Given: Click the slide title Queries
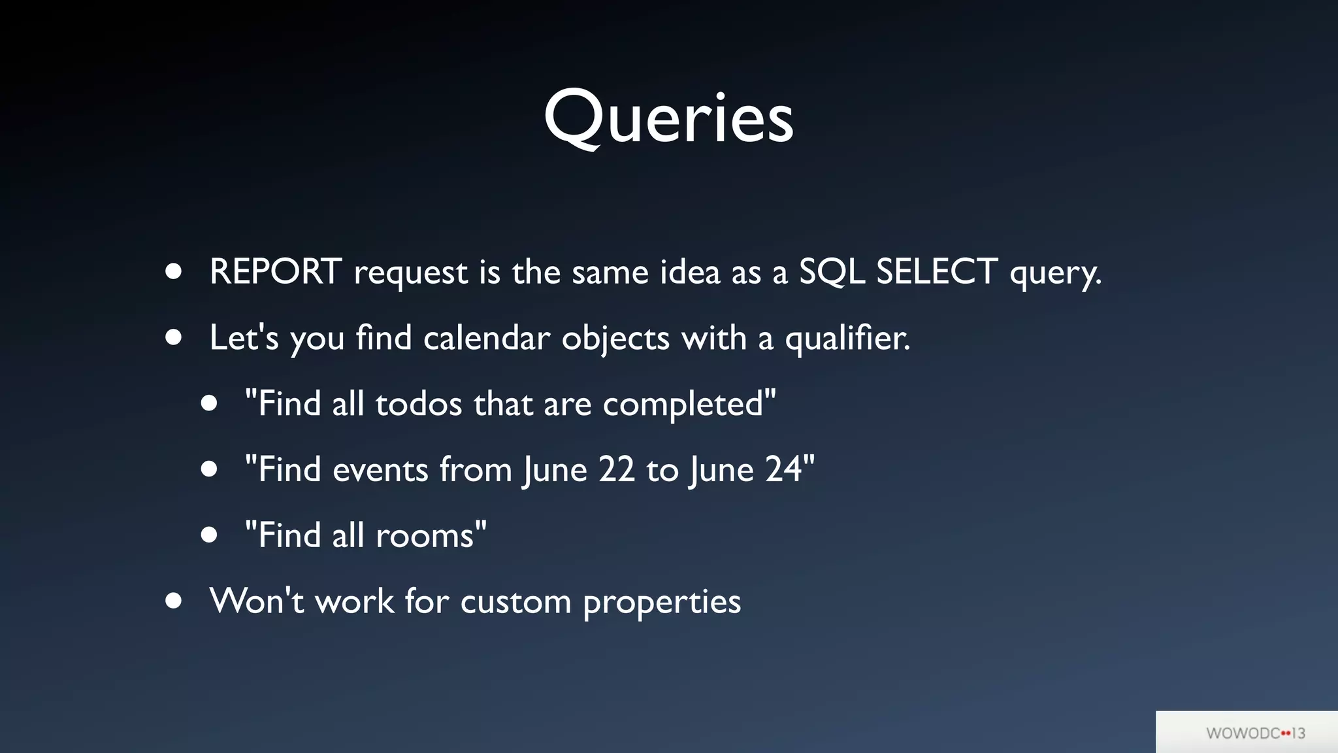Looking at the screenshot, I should coord(668,118).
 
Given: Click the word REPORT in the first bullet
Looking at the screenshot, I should coord(275,271).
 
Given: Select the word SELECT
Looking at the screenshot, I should coord(936,271).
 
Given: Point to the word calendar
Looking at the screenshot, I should coord(487,338).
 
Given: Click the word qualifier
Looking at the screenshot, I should coord(847,339).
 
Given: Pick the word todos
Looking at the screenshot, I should coord(419,404).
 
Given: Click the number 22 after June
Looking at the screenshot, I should coord(616,469).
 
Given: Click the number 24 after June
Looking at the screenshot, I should coord(783,469).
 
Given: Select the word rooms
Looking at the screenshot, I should coord(425,536).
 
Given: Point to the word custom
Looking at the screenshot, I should coord(515,601).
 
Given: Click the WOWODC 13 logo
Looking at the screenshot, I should coord(1255,733).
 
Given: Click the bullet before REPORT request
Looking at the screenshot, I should coord(173,271).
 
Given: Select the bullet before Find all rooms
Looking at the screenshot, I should coord(209,535).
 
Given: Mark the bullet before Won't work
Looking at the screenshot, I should coord(173,601).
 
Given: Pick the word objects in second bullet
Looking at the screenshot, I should coord(615,339).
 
